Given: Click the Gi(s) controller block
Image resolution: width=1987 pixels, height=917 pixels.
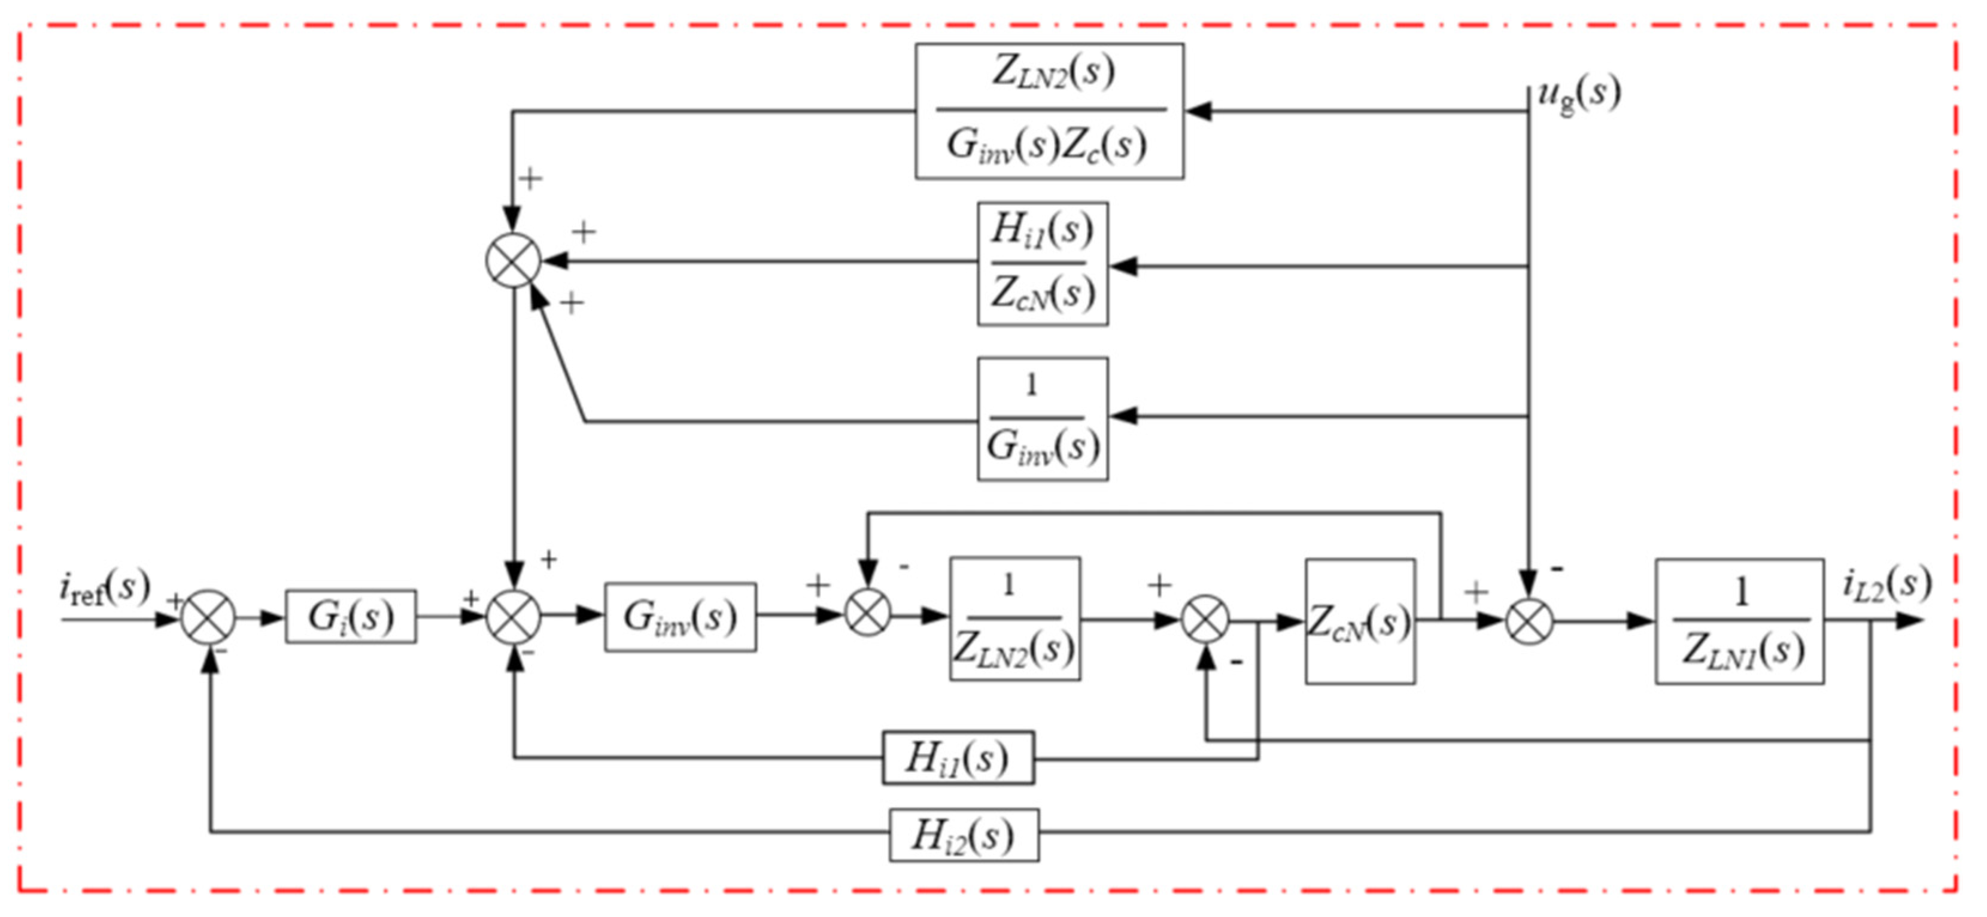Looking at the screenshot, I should point(351,617).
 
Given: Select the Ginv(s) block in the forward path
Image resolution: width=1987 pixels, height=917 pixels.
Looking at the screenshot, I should point(680,617).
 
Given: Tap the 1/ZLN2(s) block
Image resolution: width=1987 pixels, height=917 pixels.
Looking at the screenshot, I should point(1015,619).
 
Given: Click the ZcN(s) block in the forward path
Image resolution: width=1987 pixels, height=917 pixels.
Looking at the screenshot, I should point(1360,622).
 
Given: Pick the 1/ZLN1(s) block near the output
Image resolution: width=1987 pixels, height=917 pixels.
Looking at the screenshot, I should point(1739,622).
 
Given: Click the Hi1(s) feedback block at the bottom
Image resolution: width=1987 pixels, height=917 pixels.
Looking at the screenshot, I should point(958,758).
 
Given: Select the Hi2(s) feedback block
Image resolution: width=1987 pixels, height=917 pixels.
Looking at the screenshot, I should point(964,835).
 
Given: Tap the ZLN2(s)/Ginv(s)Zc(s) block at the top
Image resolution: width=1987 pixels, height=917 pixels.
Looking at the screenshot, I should point(1049,111).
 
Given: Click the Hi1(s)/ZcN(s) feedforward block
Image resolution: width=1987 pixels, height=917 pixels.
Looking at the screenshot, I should point(1043,263).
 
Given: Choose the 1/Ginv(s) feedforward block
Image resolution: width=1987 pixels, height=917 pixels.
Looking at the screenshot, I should point(1043,419).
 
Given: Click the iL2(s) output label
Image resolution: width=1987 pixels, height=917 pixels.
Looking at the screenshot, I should point(1886,584).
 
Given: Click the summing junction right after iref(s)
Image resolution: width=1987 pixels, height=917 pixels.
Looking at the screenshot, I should point(208,618).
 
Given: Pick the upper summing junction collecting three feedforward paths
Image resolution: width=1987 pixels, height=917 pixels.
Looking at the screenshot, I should point(514,261).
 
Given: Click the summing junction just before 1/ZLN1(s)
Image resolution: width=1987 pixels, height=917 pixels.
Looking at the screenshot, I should point(1530,620).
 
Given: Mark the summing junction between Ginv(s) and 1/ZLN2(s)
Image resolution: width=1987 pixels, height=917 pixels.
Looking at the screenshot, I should point(868,616).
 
